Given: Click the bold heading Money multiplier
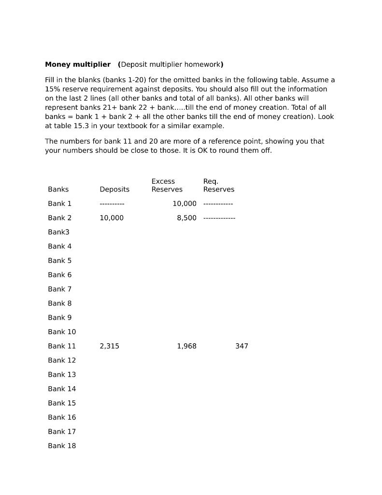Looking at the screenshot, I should (78, 64).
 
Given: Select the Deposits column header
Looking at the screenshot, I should (114, 189).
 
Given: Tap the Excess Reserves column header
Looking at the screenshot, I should (167, 186).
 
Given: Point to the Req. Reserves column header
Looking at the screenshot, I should (219, 186).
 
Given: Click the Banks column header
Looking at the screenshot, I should (58, 189).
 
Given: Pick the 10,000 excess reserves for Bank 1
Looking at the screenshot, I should (184, 204).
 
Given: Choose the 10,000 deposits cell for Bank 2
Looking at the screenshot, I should (112, 218).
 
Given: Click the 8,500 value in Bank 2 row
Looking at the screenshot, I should (187, 218).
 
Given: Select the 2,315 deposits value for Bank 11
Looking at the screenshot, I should (110, 346).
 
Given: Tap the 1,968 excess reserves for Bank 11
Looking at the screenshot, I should (187, 346).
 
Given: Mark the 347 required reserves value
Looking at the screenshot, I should (242, 346).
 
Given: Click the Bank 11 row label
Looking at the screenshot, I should (62, 346).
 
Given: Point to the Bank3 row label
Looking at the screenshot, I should (59, 232).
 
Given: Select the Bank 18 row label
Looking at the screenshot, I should (62, 446).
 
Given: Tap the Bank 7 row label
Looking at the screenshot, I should (60, 289).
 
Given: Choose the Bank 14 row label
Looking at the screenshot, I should (62, 389).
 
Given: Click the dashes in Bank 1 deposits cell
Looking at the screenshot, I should (112, 204).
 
